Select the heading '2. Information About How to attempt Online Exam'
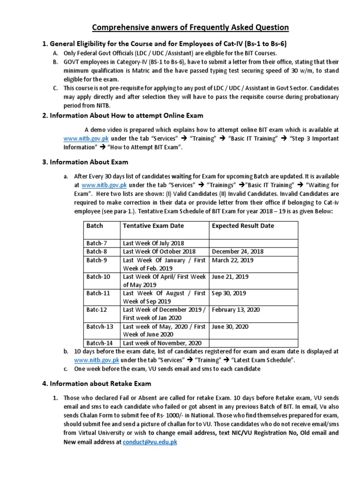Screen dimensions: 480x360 (123, 115)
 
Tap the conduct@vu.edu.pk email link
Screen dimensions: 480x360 (150, 442)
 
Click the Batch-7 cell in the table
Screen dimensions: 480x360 (97, 243)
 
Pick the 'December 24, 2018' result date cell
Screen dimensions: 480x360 (238, 251)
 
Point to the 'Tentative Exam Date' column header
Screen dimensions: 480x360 (153, 225)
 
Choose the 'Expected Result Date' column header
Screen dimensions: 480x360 (243, 225)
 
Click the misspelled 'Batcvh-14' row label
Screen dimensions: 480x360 (100, 343)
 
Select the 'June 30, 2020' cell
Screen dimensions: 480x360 (230, 326)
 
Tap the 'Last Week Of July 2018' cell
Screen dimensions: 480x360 (153, 243)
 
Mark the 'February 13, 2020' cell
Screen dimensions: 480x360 (236, 309)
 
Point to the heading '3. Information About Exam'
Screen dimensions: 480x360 (85, 162)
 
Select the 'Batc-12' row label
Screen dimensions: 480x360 (97, 309)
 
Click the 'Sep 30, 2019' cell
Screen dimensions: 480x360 (229, 293)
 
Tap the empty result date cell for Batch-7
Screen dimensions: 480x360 (253, 243)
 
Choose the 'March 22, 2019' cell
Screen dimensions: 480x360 (232, 260)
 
